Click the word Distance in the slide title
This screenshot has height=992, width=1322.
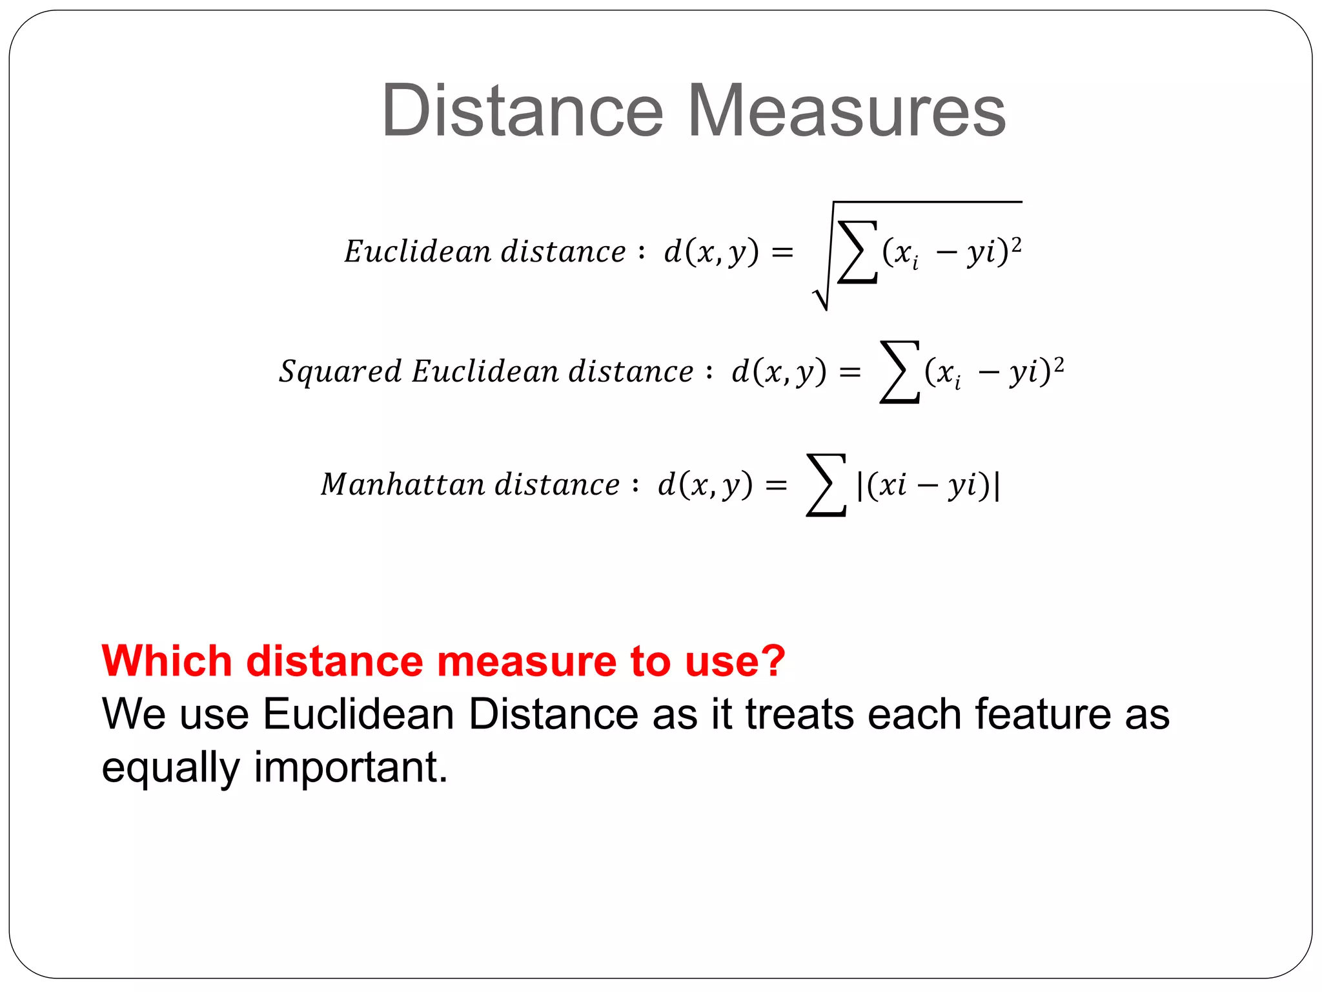coord(522,111)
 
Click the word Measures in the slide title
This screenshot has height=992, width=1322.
coord(846,111)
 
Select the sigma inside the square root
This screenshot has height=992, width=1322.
coord(857,252)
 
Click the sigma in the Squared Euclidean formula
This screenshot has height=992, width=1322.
coord(899,372)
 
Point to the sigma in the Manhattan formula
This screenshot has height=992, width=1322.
coord(826,485)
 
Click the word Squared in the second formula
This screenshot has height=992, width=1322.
coord(340,372)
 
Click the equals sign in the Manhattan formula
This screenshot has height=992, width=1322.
coord(776,485)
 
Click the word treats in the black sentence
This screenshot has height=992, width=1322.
coord(800,714)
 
